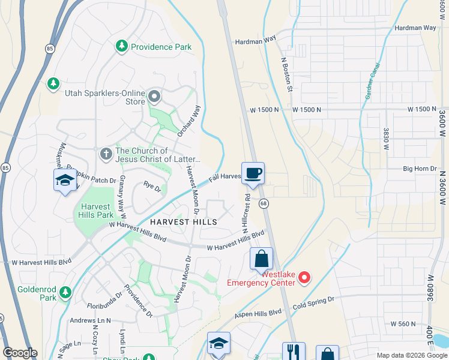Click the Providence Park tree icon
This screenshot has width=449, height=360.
122,46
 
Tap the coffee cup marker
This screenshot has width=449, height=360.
253,173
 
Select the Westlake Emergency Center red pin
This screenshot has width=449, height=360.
304,277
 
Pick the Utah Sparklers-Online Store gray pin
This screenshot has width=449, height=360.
154,96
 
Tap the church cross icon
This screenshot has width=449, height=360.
106,154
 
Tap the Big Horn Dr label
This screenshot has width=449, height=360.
420,169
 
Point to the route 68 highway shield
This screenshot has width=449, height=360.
263,204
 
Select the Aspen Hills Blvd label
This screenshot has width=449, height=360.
258,313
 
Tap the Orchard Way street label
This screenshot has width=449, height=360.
187,121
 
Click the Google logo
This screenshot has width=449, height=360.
20,353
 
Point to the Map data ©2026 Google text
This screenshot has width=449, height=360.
411,355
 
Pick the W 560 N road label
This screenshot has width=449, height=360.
403,323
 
